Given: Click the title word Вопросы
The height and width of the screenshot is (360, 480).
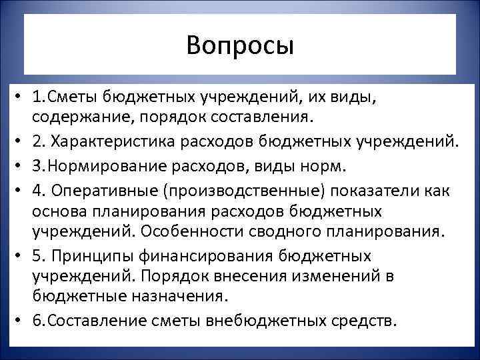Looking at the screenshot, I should coord(240,45).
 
